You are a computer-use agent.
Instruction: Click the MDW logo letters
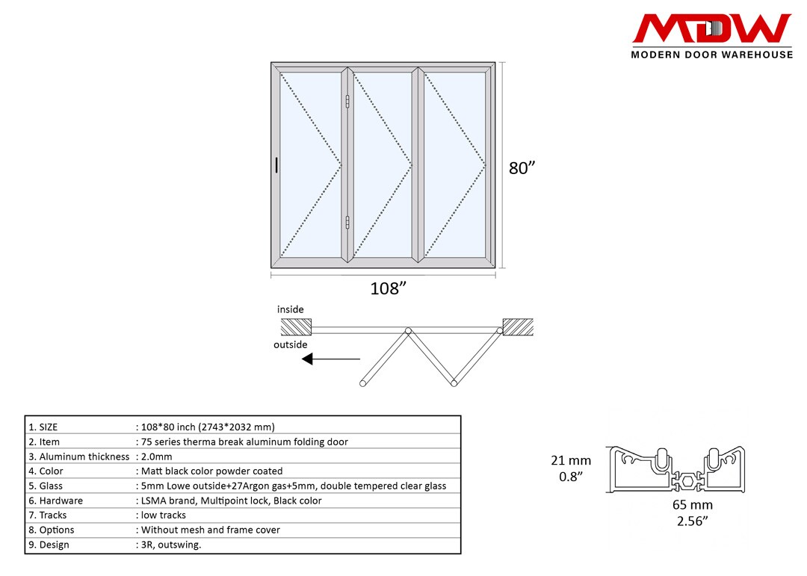coord(711,29)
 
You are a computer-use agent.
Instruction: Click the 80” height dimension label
coord(522,168)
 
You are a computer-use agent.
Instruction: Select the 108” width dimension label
coord(389,289)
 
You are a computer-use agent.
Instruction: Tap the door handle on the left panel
coord(276,166)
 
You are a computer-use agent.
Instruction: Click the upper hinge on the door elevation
coord(348,103)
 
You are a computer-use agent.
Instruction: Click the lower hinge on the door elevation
coord(348,221)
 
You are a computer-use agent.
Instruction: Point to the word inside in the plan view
coord(291,309)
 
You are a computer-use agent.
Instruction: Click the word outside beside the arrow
coord(291,344)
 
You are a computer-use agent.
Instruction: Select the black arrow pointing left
coord(330,359)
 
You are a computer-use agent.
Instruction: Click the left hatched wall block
coord(296,327)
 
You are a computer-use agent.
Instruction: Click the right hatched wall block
coord(518,327)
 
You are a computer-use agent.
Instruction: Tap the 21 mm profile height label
coord(570,461)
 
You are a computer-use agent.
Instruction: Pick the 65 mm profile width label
coord(692,505)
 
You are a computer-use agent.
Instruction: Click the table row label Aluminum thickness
coord(84,456)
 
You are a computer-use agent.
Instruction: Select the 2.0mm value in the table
coord(156,456)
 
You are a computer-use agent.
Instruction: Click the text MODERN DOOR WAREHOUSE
coord(711,55)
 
